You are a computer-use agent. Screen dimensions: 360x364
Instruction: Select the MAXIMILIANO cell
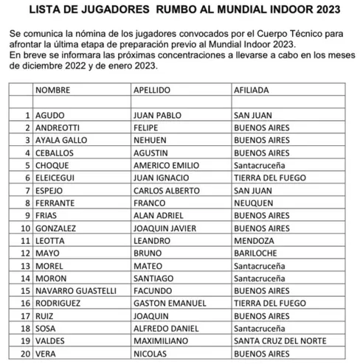[x=162, y=341]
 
